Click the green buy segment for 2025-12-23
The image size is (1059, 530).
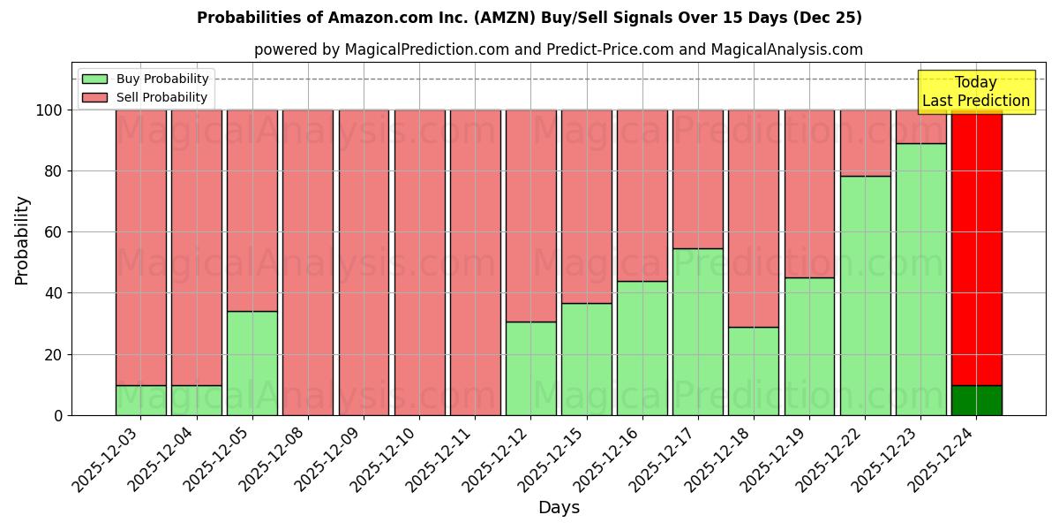click(x=920, y=279)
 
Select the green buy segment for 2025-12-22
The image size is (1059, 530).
click(x=865, y=296)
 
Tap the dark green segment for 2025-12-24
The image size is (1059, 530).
click(x=976, y=400)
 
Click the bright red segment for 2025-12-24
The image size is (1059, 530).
click(x=976, y=247)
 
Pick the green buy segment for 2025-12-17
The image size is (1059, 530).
click(x=697, y=332)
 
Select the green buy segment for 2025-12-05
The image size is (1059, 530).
click(x=252, y=363)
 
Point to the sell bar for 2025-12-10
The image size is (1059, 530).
click(x=419, y=262)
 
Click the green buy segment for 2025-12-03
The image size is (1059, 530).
click(x=140, y=400)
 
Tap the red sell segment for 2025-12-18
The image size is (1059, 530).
click(x=753, y=218)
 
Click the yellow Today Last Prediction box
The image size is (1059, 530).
click(x=975, y=92)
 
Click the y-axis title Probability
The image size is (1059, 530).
click(x=22, y=240)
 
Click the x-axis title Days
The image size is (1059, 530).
click(x=559, y=508)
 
